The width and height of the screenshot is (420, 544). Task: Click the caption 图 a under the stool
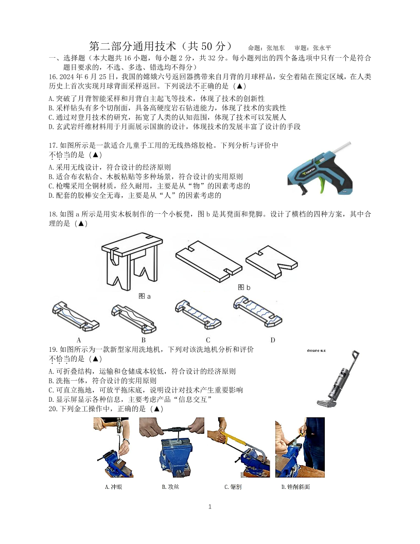145,296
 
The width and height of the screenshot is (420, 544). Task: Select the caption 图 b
244,287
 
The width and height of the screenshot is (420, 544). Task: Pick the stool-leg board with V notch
272,262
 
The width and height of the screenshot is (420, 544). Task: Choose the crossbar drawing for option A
76,316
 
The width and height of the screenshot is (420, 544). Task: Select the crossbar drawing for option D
257,311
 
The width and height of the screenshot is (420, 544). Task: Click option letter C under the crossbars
208,340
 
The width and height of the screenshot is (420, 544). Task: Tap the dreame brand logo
317,351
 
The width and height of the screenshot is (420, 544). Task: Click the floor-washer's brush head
326,403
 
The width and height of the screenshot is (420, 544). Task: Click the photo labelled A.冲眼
113,447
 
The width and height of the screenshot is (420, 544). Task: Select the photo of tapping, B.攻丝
171,447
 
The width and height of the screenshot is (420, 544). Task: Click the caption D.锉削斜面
295,487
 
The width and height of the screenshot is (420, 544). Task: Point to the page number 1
209,506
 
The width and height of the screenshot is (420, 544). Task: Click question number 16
53,77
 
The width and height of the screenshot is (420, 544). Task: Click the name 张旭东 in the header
275,48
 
